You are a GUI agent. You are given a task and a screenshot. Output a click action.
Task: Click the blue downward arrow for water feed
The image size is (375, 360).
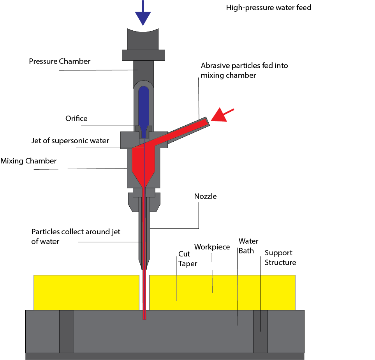point(143,16)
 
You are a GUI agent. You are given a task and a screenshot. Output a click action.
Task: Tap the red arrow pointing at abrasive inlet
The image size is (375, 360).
point(221,115)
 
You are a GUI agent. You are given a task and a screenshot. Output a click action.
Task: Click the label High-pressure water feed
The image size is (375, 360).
point(268,7)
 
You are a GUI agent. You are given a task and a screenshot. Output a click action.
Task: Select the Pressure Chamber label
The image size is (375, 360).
point(60,61)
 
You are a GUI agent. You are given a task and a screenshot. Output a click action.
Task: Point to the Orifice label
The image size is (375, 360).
point(76,118)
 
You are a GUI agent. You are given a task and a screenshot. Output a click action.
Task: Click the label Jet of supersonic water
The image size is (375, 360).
point(70,140)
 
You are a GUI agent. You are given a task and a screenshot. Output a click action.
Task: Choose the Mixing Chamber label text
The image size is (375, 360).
point(28,161)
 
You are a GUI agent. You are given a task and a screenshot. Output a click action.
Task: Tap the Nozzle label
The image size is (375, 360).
point(205,197)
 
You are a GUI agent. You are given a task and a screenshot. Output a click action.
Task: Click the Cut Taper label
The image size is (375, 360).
point(188,258)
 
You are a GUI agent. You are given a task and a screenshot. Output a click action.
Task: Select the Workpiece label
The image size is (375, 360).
point(212,247)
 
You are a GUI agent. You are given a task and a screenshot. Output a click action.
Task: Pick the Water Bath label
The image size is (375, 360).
point(248,246)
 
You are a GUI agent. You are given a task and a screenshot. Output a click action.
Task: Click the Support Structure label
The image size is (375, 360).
point(280,257)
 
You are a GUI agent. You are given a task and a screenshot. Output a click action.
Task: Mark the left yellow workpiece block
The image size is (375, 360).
point(86,292)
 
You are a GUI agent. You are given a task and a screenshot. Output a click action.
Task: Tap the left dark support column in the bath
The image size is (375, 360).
point(66,331)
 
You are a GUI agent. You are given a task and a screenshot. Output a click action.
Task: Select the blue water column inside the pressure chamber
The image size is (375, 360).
point(144,105)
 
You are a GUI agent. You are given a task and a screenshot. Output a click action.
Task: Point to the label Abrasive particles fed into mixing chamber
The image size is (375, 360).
point(244,70)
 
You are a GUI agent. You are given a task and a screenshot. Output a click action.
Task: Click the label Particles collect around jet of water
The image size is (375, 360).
point(76,236)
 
